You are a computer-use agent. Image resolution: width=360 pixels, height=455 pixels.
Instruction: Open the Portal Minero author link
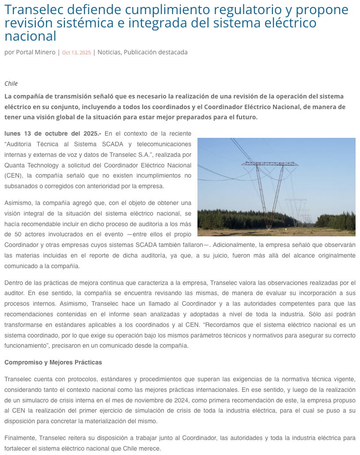(x=36, y=52)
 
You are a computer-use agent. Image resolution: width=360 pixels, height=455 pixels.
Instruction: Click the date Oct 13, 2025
(x=76, y=53)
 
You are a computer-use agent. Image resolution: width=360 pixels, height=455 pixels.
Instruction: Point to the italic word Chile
(x=11, y=83)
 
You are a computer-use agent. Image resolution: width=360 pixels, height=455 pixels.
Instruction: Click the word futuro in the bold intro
(x=246, y=117)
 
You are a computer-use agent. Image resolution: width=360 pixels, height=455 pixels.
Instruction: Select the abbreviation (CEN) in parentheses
(x=13, y=176)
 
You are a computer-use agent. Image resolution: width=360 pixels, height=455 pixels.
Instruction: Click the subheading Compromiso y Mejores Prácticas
(x=53, y=362)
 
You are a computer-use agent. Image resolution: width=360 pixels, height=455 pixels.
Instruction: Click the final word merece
(x=150, y=449)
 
